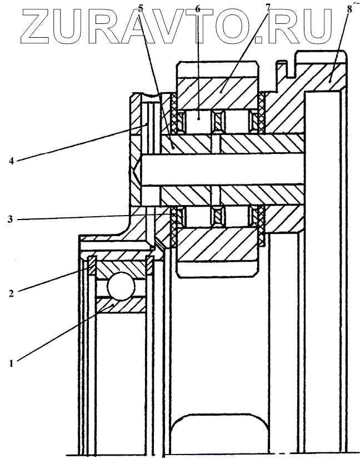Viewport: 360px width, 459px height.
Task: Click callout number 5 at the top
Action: (x=140, y=8)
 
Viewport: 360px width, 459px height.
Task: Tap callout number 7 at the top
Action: (x=268, y=8)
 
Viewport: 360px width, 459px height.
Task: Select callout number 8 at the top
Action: (x=348, y=9)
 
